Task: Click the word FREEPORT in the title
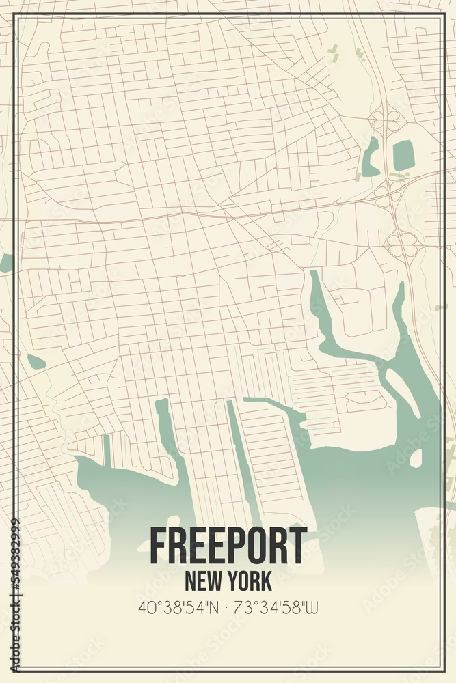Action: coord(228,546)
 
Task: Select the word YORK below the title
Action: coord(250,581)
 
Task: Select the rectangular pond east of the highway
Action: coord(403,155)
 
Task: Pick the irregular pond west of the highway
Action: coord(371,158)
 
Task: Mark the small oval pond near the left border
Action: coord(36,362)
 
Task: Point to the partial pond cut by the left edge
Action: coord(5,263)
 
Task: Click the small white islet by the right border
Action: coord(416,458)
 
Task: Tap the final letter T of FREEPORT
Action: coord(298,546)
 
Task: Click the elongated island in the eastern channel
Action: coord(403,393)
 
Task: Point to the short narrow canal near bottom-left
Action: coord(107,451)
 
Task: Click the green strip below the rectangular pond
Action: coord(400,176)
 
